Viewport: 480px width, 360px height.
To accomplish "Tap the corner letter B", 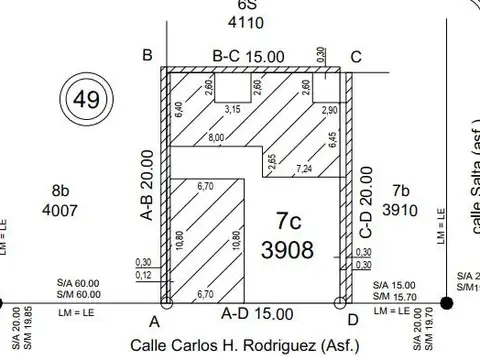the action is tap(147, 55).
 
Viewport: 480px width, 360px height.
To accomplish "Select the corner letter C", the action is tap(356, 56).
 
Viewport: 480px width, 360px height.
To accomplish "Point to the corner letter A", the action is tap(154, 322).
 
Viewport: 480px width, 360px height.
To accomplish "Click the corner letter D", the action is tap(352, 322).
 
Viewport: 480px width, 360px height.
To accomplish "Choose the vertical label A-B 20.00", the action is tap(146, 184).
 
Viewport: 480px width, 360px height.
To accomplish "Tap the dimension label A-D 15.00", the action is tap(257, 313).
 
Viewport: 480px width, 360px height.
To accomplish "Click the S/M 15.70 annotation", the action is tap(395, 295).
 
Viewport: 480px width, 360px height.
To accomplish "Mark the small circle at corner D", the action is tap(342, 301).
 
